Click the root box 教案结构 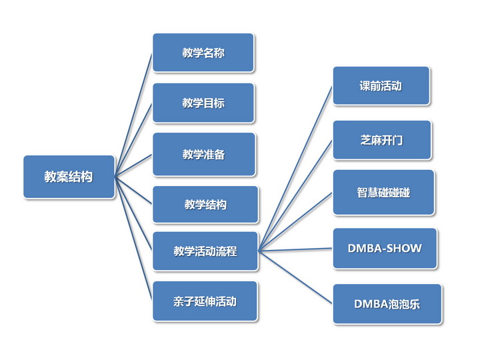point(69,177)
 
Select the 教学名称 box point(203,53)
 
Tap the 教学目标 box point(203,103)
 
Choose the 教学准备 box point(203,154)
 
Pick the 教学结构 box point(205,204)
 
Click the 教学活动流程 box point(205,251)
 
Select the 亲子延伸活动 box point(205,301)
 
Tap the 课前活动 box point(381,85)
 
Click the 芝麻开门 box point(381,140)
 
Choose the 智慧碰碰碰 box point(383,193)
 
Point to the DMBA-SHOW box point(385,248)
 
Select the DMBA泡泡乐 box point(387,304)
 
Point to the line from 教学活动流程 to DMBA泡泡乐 point(295,277)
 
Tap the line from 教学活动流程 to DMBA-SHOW point(295,250)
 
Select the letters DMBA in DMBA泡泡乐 point(369,304)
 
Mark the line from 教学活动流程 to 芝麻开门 point(295,195)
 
